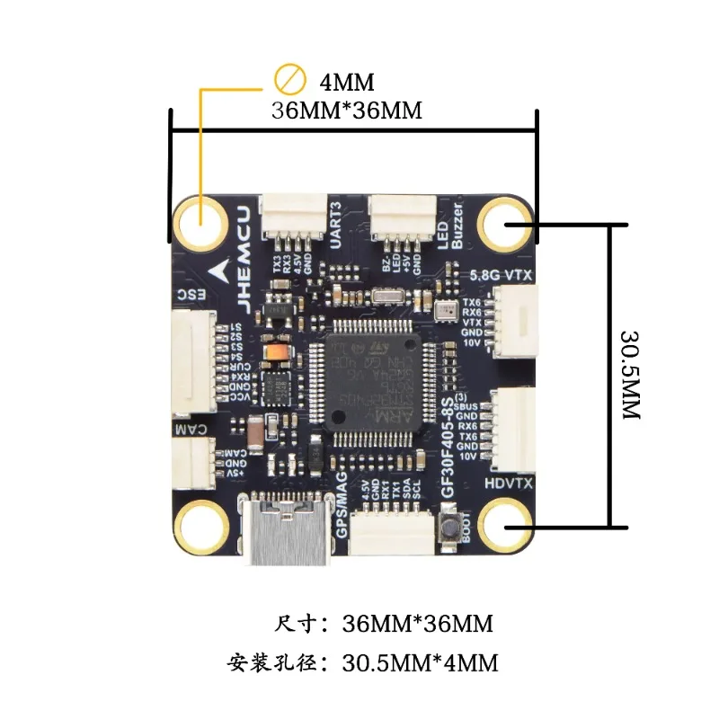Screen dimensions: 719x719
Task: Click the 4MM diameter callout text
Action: point(346,84)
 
